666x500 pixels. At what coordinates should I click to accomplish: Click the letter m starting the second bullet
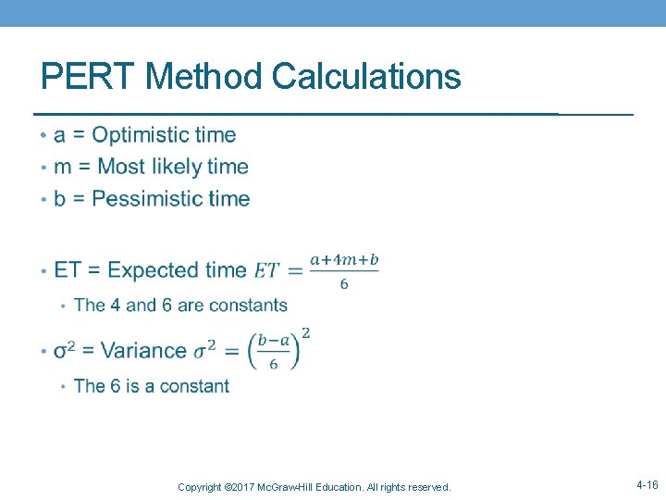(62, 168)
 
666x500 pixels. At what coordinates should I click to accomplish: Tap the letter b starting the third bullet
(60, 198)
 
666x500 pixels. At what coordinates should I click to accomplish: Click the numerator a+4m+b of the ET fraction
(344, 260)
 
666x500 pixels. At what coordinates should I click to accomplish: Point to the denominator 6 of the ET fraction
(344, 283)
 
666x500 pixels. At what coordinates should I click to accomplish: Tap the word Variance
(143, 351)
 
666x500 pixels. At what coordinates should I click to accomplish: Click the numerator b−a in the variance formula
(274, 341)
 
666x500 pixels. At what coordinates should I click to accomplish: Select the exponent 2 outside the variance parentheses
(305, 332)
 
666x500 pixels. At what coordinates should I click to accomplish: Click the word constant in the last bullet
(194, 386)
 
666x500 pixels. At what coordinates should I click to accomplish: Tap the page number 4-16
(647, 485)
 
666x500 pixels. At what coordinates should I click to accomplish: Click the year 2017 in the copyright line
(243, 487)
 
